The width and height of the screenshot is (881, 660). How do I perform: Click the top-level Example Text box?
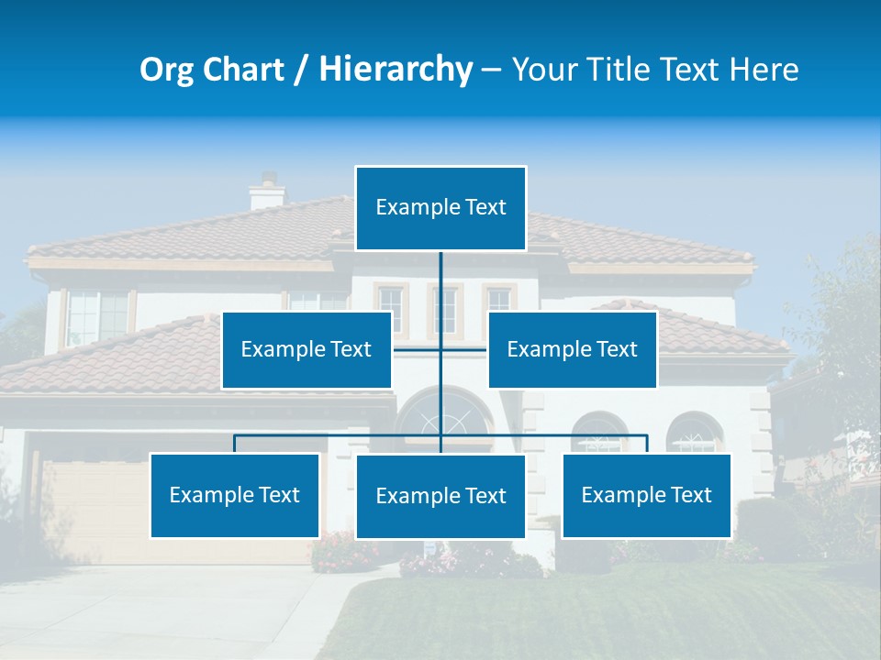tap(440, 208)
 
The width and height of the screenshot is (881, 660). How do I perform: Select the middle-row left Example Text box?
tap(307, 349)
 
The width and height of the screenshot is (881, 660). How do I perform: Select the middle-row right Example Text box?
tap(572, 349)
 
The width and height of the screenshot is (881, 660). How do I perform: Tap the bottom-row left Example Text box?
tap(235, 495)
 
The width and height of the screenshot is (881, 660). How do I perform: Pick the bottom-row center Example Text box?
tap(440, 496)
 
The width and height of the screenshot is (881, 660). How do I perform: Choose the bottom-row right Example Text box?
tap(647, 495)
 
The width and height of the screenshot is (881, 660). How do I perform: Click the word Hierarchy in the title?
tap(395, 70)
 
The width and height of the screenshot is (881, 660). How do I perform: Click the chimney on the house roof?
tap(267, 192)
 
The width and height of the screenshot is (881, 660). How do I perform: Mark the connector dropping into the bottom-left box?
tap(235, 445)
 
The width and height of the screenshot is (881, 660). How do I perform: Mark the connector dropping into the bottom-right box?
tap(647, 445)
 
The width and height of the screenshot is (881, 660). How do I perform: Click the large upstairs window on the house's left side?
tap(96, 316)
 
